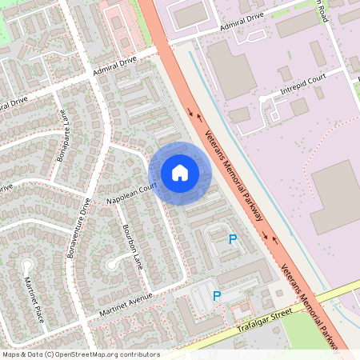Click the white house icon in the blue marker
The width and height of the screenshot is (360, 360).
pyautogui.click(x=180, y=172)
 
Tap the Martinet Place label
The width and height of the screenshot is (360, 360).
pyautogui.click(x=34, y=298)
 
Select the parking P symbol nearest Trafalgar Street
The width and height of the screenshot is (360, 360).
pyautogui.click(x=216, y=296)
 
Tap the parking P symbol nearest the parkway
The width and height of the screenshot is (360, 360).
pyautogui.click(x=233, y=238)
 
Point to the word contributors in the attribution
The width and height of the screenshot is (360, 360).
pyautogui.click(x=137, y=354)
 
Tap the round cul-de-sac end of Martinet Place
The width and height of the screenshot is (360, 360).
pyautogui.click(x=28, y=266)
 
